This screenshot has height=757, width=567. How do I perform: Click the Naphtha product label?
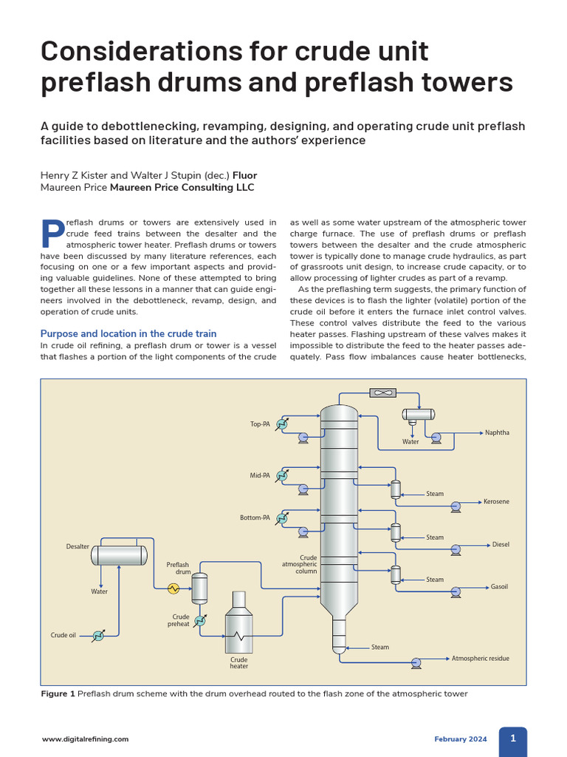[497, 432]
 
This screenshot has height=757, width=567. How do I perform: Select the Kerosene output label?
[496, 501]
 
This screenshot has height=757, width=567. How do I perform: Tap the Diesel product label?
[501, 545]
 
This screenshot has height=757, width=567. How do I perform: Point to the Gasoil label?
[500, 587]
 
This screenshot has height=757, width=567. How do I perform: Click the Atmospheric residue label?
[480, 658]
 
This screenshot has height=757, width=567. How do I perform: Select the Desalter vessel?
[118, 555]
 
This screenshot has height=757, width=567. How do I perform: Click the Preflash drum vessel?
[199, 588]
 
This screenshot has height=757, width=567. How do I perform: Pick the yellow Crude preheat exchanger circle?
[174, 588]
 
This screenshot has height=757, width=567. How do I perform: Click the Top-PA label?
[260, 424]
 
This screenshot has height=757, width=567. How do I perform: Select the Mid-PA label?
[259, 475]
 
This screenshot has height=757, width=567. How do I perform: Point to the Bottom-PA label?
[255, 517]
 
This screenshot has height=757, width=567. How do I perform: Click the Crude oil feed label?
[63, 635]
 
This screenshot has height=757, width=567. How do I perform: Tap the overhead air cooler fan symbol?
[383, 393]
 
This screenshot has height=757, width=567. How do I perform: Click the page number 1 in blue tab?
[513, 739]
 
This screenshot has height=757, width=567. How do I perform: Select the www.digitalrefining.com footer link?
[85, 739]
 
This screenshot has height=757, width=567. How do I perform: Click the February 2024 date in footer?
[460, 739]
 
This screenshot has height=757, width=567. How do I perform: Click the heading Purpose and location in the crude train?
[128, 333]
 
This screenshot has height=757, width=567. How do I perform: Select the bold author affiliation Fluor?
[245, 175]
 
